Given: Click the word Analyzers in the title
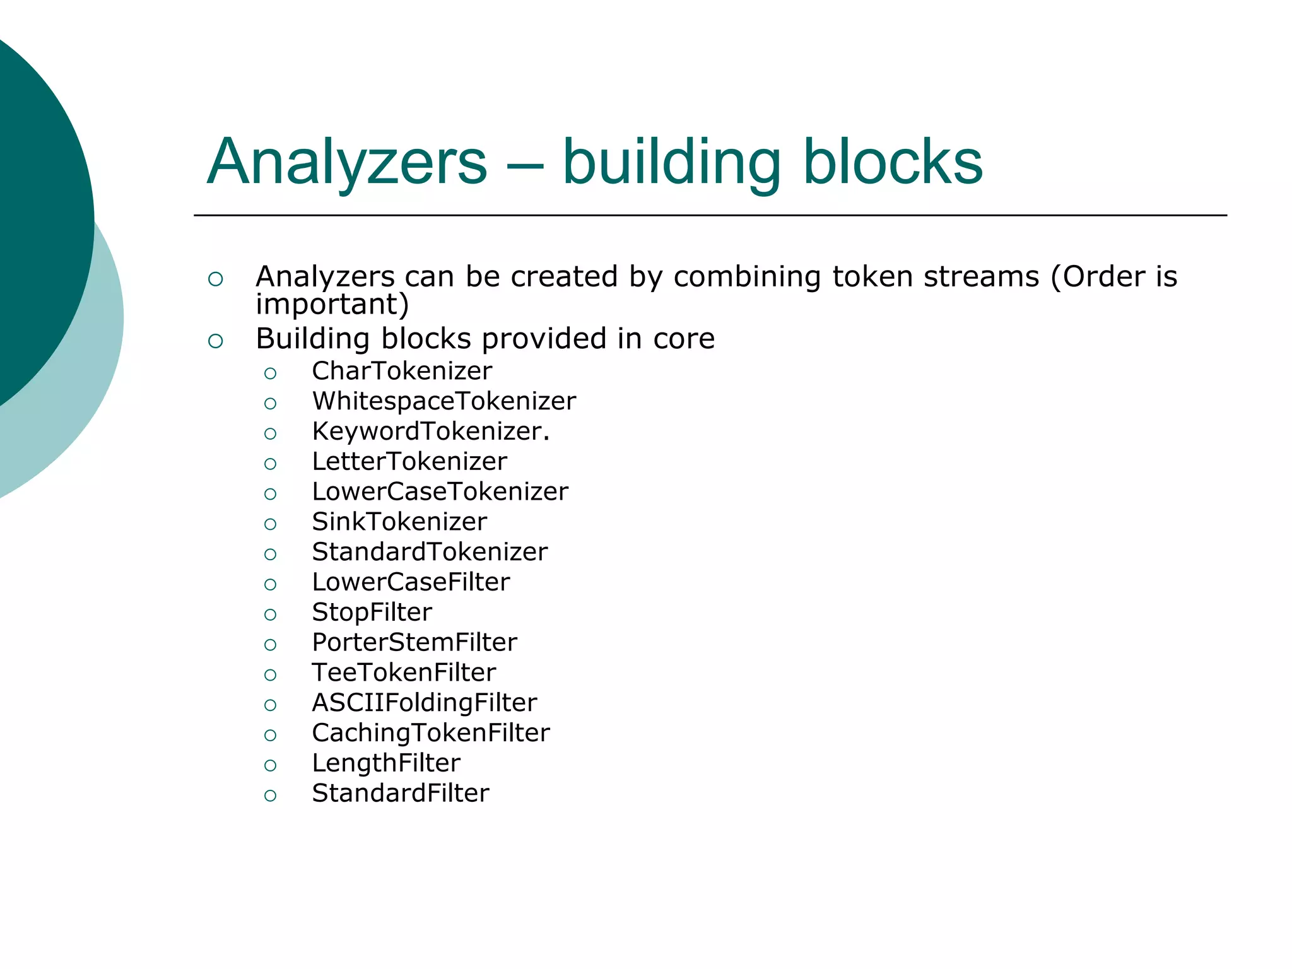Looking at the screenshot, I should coord(347,163).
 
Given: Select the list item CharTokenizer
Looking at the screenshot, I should coord(401,371).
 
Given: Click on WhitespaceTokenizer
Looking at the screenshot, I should coord(443,401).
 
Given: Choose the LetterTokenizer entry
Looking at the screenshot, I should coord(409,462).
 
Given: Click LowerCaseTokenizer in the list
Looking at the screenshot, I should coord(440,492).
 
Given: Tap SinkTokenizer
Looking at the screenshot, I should coord(399,522).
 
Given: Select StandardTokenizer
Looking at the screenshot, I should coord(430,552).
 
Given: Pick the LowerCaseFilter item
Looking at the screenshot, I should coord(411,582).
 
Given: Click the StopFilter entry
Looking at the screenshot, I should coord(372,613).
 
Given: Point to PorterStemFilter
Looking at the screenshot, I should coord(414,643).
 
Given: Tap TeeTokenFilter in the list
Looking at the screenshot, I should coord(404,672).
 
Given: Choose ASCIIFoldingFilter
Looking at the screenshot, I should coord(424,703).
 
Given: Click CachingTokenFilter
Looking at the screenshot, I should coord(430,733).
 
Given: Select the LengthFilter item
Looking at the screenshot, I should coord(386,763).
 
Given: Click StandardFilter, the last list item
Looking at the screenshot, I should coord(400,794).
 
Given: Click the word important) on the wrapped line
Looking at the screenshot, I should coord(332,305).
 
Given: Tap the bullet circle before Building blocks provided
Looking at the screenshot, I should coord(215,341).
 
